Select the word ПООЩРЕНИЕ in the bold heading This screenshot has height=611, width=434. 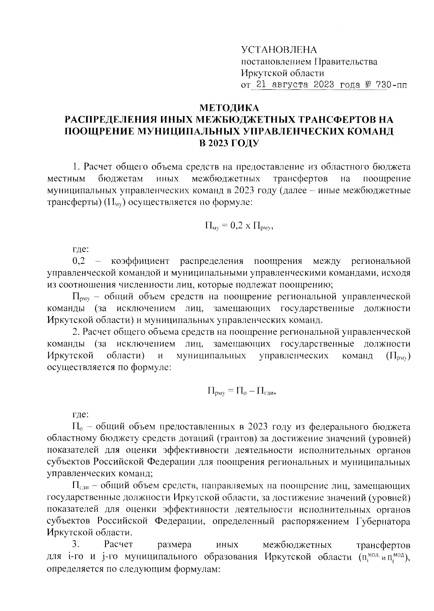click(97, 131)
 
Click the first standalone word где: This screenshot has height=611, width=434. click(79, 249)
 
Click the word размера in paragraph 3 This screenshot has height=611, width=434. click(175, 544)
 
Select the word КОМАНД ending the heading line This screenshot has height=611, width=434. click(370, 131)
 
